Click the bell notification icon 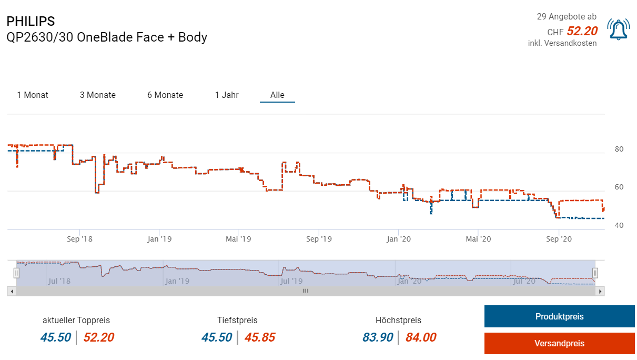tap(619, 29)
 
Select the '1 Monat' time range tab tap(33, 95)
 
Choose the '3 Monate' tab tap(98, 95)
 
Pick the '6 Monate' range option tap(165, 95)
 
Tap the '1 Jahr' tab tap(227, 95)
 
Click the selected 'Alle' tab tap(277, 95)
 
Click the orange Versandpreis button tap(559, 343)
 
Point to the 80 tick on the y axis tap(619, 149)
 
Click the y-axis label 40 tap(619, 226)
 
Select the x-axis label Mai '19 tap(238, 239)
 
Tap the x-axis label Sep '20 tap(559, 239)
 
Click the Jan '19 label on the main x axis tap(159, 239)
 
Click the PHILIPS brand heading tap(31, 22)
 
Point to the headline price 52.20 tap(582, 32)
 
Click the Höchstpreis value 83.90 tap(378, 337)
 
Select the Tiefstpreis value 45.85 tap(260, 337)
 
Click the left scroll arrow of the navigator tap(11, 291)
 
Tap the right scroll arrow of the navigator tap(601, 291)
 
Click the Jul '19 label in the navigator tap(291, 281)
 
